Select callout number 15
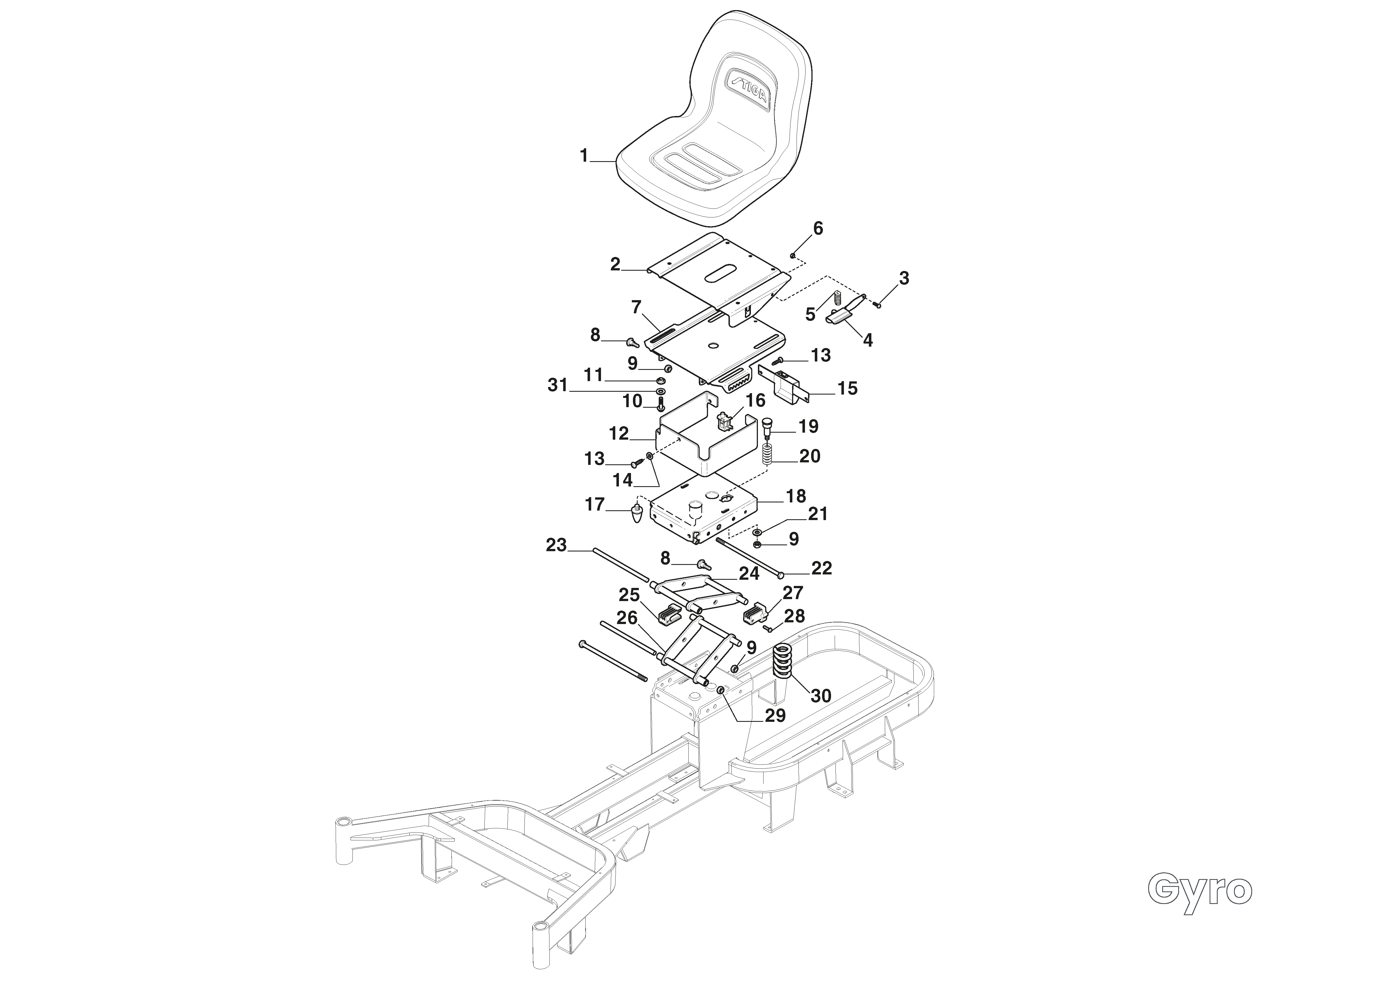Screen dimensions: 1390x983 click(848, 389)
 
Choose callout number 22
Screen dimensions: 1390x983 click(822, 568)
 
